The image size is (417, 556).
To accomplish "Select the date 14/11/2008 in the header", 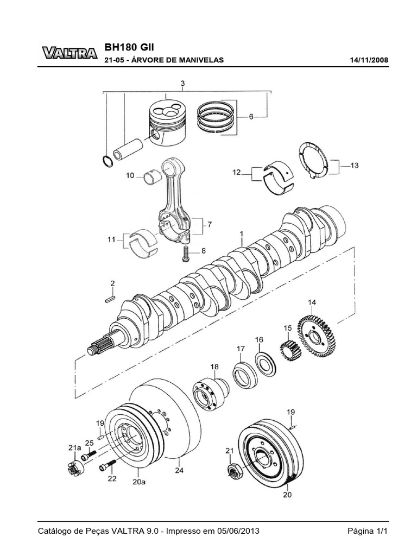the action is [x=369, y=60].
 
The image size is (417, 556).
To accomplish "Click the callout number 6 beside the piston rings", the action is [x=251, y=117].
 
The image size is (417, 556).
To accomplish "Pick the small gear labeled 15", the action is [x=291, y=350].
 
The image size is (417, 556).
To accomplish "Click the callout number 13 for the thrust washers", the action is [x=354, y=165].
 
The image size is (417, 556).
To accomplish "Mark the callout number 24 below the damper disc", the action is [x=179, y=470].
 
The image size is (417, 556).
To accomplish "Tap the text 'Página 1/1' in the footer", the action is [x=368, y=531].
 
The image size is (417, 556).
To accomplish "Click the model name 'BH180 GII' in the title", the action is [x=129, y=47].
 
